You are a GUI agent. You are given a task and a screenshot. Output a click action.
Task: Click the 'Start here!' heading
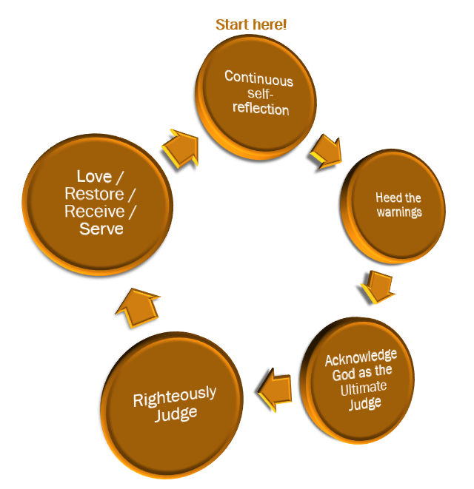(x=251, y=24)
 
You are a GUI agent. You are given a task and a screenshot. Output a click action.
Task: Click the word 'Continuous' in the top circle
(x=258, y=79)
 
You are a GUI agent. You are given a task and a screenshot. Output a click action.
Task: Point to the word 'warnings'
(x=398, y=212)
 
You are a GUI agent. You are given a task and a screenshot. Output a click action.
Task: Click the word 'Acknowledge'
(x=361, y=358)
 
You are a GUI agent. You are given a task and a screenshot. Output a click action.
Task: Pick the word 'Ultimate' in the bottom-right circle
(x=364, y=389)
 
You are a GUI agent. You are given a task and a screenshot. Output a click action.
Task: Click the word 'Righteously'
(x=175, y=397)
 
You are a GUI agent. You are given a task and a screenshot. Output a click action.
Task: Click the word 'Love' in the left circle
(x=93, y=177)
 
